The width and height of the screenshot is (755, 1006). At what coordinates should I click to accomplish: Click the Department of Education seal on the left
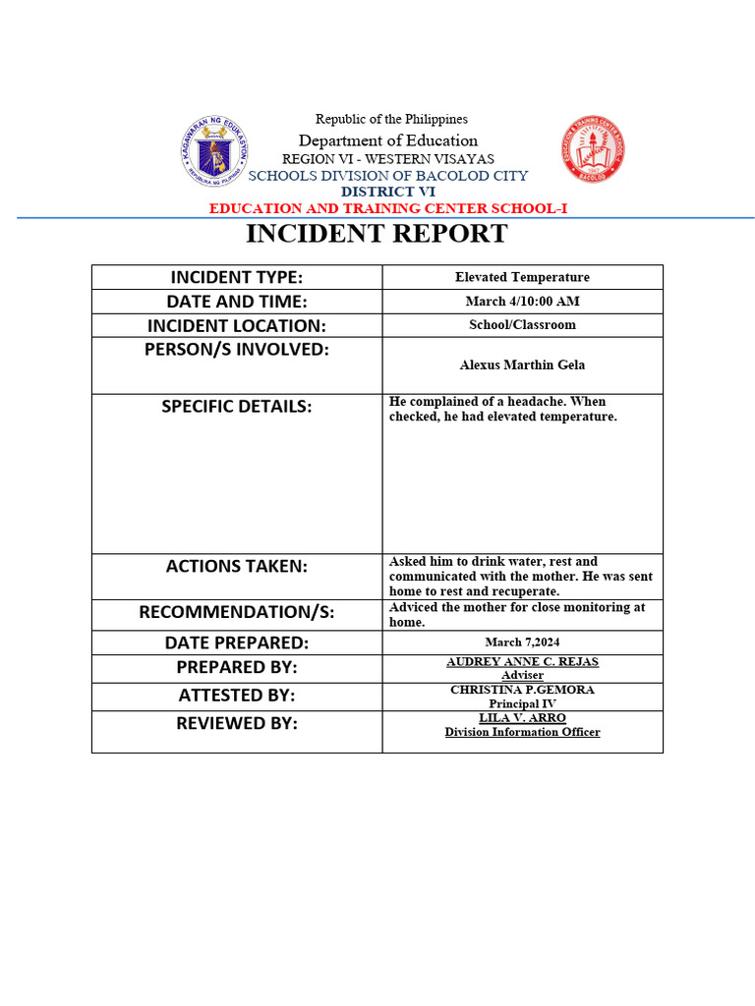(x=215, y=151)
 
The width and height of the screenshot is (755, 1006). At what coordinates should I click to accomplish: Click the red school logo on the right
(x=593, y=150)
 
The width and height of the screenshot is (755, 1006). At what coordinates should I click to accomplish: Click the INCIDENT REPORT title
(x=377, y=234)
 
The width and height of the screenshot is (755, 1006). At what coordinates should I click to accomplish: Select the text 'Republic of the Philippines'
(x=391, y=119)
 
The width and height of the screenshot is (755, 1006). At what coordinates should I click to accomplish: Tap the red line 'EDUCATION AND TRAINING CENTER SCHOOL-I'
(x=388, y=208)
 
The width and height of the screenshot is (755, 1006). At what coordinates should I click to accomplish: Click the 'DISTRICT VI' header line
(x=388, y=192)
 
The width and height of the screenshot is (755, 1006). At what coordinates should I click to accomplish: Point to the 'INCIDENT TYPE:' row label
(x=237, y=277)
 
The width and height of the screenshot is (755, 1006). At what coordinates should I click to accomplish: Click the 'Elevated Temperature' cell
(x=522, y=277)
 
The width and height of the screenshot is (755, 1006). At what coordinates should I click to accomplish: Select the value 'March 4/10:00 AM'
(x=522, y=302)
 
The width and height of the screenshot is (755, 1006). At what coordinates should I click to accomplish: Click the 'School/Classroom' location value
(x=522, y=325)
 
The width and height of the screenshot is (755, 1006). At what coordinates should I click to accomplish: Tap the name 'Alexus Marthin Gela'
(x=522, y=364)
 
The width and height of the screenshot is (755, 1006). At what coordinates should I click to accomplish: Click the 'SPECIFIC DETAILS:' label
(x=237, y=406)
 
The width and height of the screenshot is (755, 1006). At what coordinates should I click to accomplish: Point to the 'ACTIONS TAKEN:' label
(x=237, y=566)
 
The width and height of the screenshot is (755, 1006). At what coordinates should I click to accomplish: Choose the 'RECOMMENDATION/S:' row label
(x=237, y=612)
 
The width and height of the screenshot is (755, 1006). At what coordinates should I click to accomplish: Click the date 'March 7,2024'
(x=522, y=643)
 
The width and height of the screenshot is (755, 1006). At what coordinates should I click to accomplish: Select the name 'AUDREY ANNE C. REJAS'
(x=522, y=662)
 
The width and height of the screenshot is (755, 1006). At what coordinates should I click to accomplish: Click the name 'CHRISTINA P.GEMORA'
(x=522, y=690)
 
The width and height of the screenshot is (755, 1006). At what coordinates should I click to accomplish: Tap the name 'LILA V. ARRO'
(x=522, y=718)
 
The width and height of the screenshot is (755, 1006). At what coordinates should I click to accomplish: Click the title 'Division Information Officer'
(x=522, y=732)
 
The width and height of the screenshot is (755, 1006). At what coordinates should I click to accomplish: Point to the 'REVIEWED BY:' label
(x=237, y=723)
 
